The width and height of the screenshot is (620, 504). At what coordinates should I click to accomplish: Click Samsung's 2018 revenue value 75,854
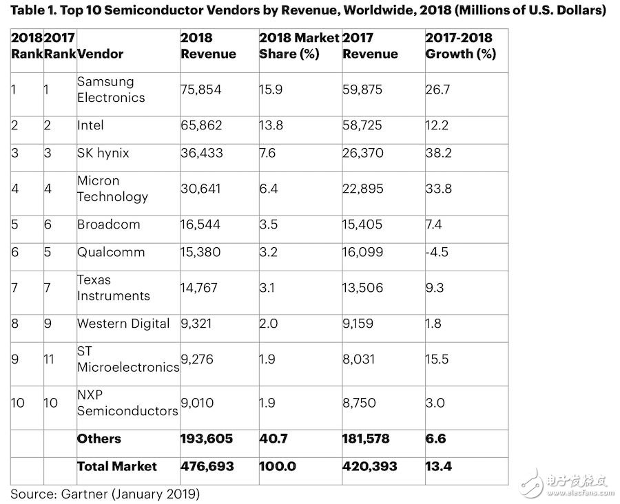coord(201,89)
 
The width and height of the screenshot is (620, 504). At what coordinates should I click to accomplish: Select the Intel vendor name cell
coord(90,125)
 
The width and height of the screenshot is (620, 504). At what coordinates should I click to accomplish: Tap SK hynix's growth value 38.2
coord(438,153)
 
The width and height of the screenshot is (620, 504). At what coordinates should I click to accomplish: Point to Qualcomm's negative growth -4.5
coord(437,251)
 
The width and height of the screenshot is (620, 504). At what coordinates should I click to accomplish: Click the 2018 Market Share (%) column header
coord(299,45)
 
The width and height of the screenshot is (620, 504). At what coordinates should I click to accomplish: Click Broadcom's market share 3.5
coord(268,224)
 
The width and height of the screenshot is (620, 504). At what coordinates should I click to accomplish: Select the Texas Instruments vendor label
coord(113,288)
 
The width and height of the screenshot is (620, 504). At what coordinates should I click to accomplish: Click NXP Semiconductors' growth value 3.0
coord(435,402)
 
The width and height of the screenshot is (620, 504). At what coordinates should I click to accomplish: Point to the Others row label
coord(99,439)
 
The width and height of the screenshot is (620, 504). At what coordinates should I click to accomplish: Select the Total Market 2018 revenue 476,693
coord(207,466)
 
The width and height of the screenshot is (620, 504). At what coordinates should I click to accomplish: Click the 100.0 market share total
coord(277,466)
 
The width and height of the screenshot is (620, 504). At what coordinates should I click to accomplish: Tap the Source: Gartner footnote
coord(104,493)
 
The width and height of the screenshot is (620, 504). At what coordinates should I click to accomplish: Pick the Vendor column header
coord(101,54)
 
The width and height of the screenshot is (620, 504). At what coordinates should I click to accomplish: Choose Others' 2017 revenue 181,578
coord(369,439)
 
